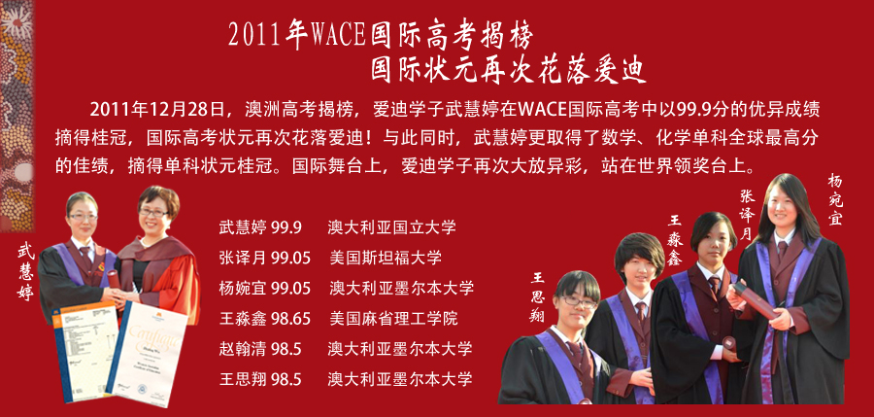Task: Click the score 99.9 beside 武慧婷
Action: click(x=286, y=227)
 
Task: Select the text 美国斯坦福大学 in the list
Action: click(x=386, y=258)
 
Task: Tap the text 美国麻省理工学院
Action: click(x=393, y=319)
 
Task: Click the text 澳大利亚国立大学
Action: click(x=392, y=227)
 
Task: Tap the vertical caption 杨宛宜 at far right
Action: click(x=834, y=199)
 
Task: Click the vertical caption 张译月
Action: click(x=747, y=215)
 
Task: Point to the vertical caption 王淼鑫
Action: click(x=675, y=241)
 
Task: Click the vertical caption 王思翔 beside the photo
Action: click(x=537, y=297)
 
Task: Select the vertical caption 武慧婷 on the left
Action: click(x=25, y=272)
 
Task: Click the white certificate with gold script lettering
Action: click(x=148, y=354)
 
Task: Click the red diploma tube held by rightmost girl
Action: click(x=756, y=300)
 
